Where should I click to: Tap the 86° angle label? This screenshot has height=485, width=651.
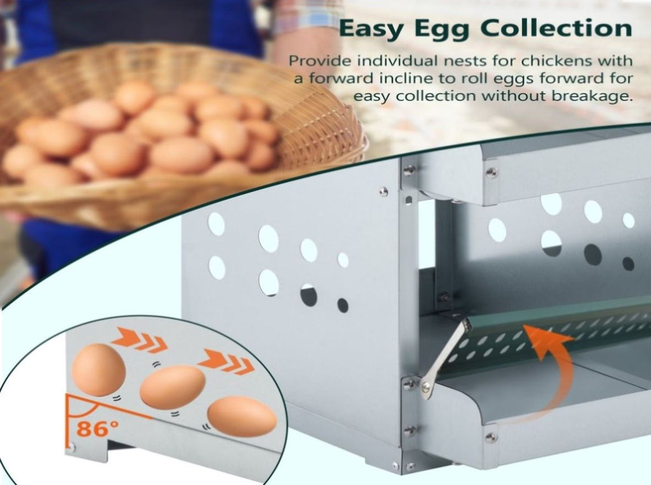(97, 429)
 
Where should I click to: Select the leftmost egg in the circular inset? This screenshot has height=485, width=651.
(99, 369)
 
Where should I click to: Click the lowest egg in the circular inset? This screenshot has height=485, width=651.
(242, 416)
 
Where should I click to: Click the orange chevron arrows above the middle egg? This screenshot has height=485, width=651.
(226, 361)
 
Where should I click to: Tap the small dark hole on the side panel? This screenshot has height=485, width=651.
(343, 305)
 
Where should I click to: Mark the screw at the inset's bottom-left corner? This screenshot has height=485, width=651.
(71, 448)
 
